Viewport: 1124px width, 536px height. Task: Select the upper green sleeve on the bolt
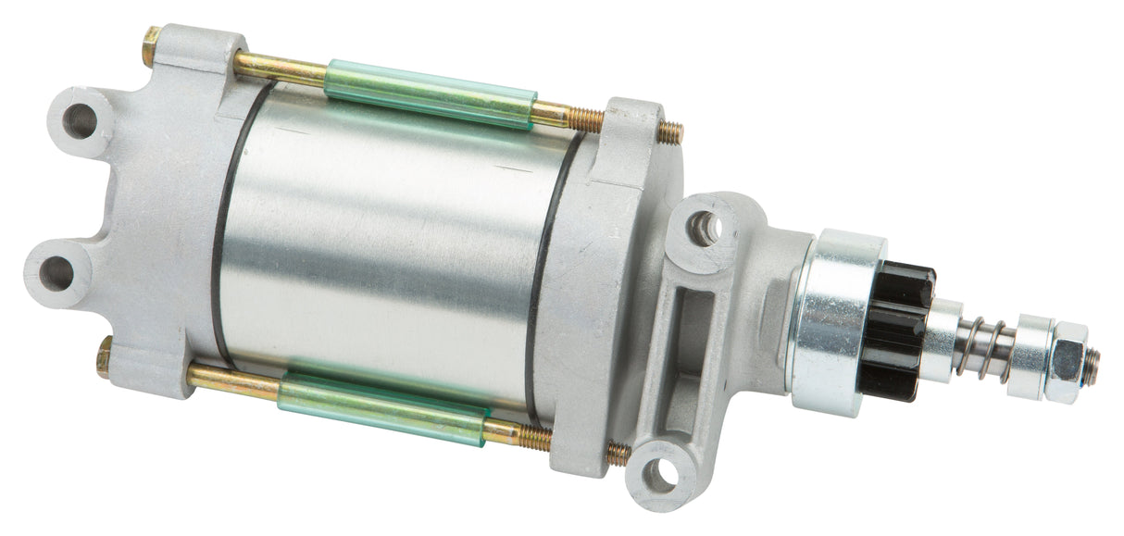click(430, 95)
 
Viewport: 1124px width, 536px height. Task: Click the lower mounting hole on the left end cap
click(57, 273)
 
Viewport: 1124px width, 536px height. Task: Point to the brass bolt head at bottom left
click(104, 356)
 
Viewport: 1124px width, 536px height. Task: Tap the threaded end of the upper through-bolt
click(670, 132)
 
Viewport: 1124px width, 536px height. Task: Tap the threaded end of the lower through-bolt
click(618, 453)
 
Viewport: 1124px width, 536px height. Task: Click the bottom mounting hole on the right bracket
click(660, 474)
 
